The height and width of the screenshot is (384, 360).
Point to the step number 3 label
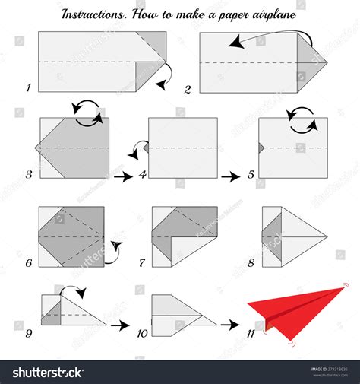(28, 174)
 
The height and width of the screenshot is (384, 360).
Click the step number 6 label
(28, 263)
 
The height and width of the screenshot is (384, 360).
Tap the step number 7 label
(141, 263)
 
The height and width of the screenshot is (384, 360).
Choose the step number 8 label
(251, 263)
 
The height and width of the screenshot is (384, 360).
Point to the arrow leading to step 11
(229, 325)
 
